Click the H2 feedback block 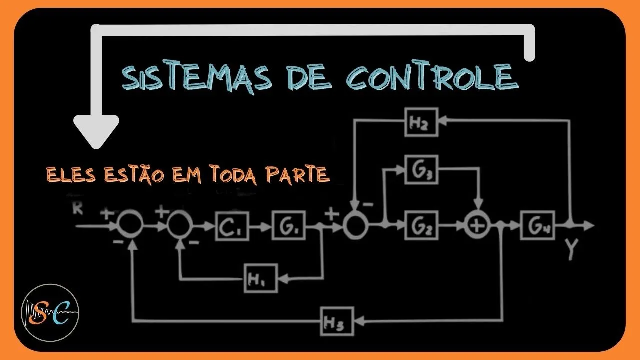tap(421, 122)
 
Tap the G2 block tap(421, 225)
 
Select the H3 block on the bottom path tap(337, 321)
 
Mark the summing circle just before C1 tap(179, 226)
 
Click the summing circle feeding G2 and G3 tap(355, 226)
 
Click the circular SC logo tap(50, 312)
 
